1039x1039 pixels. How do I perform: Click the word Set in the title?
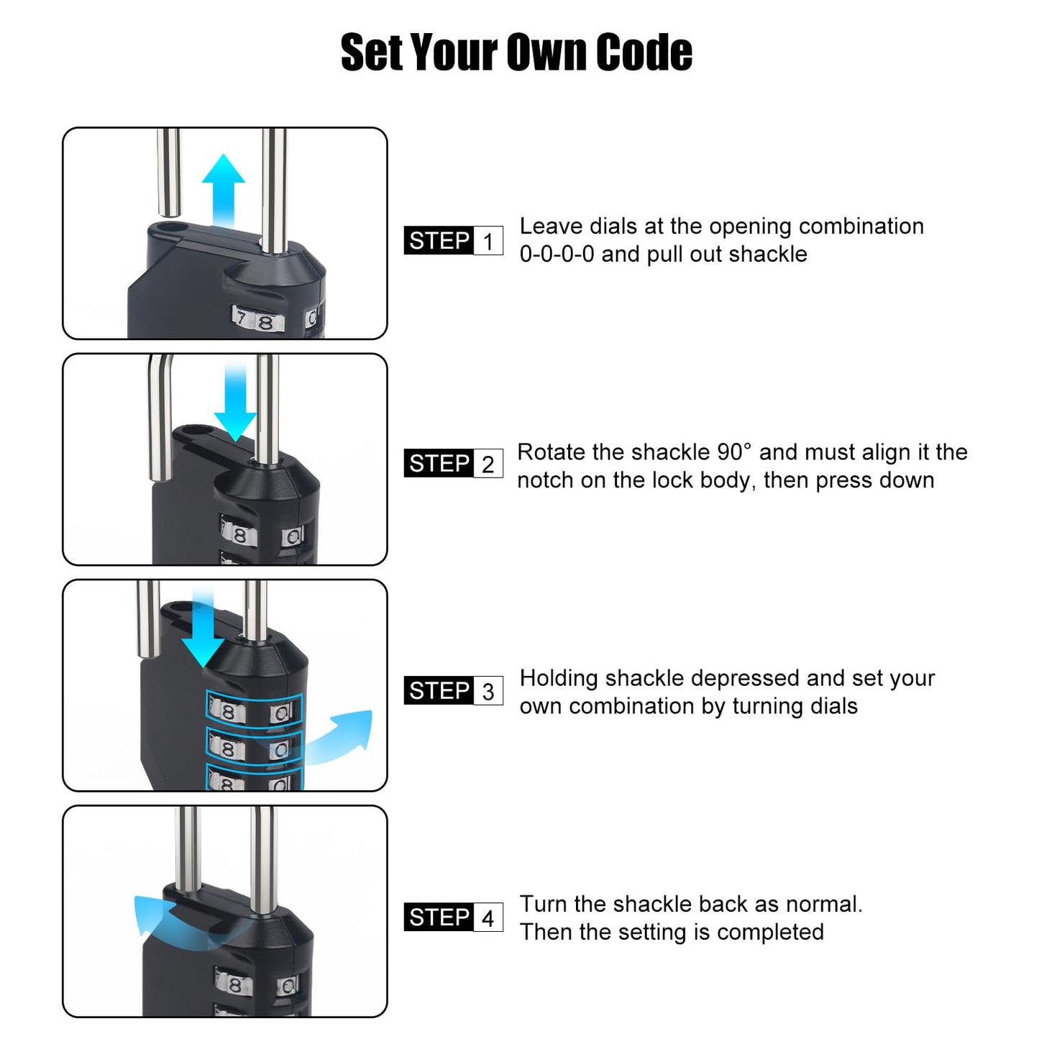(371, 53)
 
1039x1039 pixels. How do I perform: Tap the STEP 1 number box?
(488, 241)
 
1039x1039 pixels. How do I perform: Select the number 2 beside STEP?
(488, 464)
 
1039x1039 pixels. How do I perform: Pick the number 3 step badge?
(488, 691)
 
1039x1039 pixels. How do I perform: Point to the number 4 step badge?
(488, 917)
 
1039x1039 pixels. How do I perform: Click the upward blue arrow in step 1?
(224, 190)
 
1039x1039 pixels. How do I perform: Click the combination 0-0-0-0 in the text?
(557, 255)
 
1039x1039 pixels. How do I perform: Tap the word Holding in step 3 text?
(559, 678)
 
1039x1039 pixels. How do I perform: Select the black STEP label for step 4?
(439, 917)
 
